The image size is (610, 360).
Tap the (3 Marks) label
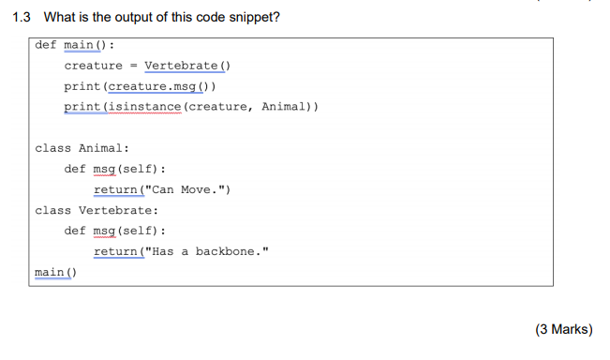pos(563,329)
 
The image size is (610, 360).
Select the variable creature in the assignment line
pos(93,66)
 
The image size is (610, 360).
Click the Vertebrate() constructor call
pos(187,66)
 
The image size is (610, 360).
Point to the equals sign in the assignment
pos(134,66)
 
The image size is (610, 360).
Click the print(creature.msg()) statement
pos(141,86)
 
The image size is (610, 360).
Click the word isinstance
pos(145,107)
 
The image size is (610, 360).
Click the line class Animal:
pos(82,148)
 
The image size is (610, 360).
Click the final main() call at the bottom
pos(55,272)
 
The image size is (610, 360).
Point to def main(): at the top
pos(75,45)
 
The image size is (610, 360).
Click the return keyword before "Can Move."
pos(115,189)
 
